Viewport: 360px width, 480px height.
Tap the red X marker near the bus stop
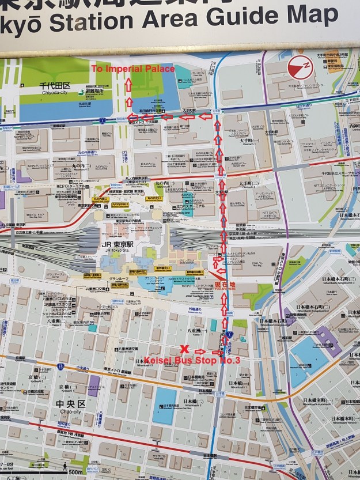coord(184,349)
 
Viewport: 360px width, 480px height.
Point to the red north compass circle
coord(299,66)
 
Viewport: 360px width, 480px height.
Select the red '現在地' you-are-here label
coord(226,285)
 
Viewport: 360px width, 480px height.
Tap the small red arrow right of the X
coord(200,352)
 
